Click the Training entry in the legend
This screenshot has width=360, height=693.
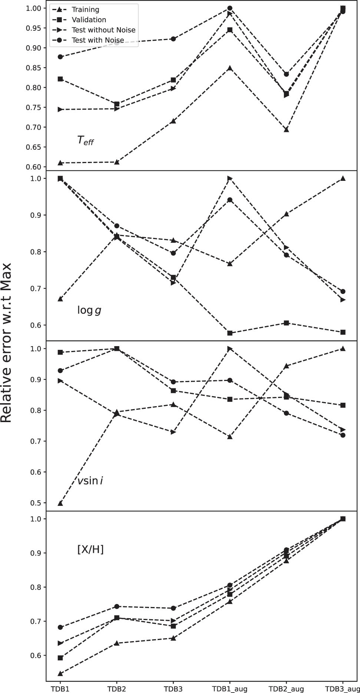click(85, 10)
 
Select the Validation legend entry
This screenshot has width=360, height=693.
click(89, 20)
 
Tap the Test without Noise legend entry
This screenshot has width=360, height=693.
click(103, 30)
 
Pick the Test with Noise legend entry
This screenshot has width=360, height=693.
click(98, 40)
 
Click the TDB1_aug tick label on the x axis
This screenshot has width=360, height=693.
click(229, 689)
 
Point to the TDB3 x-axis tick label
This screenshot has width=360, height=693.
click(173, 689)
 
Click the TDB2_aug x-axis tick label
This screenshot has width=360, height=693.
click(286, 689)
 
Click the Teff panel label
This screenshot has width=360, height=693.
click(85, 140)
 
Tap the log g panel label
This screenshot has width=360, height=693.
click(89, 310)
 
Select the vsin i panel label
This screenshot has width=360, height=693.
click(90, 481)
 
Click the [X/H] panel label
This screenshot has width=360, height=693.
click(90, 549)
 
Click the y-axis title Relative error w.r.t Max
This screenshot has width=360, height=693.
click(7, 343)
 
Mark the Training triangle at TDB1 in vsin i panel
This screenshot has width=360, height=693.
click(60, 503)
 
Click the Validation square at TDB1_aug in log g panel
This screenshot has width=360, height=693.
click(230, 333)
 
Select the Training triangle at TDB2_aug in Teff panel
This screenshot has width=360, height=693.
click(286, 130)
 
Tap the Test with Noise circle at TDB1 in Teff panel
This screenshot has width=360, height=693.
click(60, 57)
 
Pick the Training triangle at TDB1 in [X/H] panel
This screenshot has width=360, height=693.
click(60, 673)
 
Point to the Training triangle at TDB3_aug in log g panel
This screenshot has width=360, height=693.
click(343, 179)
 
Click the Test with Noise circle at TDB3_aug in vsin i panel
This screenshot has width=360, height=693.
click(343, 435)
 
